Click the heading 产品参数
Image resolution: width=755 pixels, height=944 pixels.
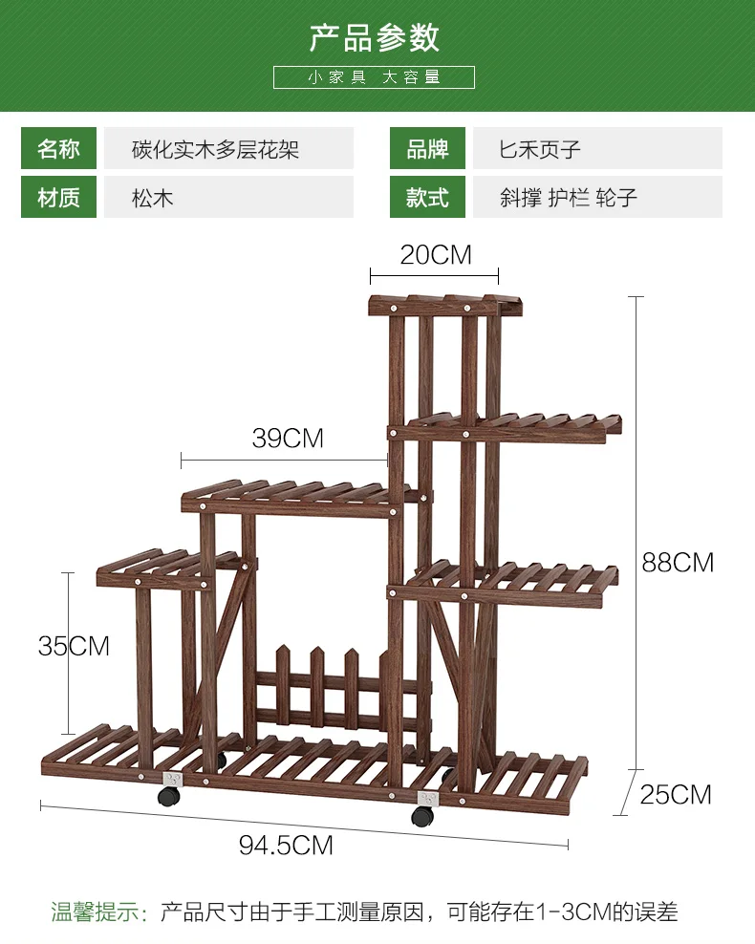click(x=375, y=38)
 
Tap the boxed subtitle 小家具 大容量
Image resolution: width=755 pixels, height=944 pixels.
click(x=374, y=77)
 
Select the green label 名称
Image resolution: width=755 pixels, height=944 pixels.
click(x=58, y=148)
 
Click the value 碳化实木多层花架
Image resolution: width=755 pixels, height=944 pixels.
click(x=216, y=149)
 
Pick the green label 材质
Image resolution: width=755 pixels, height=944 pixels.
click(x=58, y=197)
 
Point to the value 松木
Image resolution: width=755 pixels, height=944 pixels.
click(x=152, y=198)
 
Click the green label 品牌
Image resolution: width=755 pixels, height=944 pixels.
click(x=427, y=148)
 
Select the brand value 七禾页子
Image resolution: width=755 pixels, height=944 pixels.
click(x=540, y=149)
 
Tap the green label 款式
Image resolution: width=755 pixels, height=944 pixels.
click(x=427, y=197)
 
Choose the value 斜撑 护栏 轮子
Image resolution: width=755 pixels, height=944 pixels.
click(x=569, y=198)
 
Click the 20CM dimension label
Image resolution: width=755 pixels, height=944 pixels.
click(x=436, y=255)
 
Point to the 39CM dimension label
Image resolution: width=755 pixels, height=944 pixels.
click(x=288, y=439)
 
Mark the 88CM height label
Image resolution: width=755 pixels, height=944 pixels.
click(x=678, y=563)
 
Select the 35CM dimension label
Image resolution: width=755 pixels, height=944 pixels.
click(x=74, y=646)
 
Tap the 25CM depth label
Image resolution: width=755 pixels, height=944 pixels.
click(x=676, y=795)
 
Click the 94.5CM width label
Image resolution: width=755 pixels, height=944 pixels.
click(x=286, y=846)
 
